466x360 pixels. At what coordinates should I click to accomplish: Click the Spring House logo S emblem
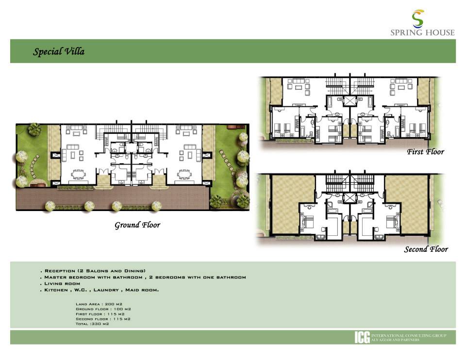tap(418, 18)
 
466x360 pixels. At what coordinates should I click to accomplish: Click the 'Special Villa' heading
tap(59, 51)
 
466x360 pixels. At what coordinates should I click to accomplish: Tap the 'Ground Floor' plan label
tap(137, 225)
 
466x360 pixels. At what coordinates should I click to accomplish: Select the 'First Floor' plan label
tap(425, 151)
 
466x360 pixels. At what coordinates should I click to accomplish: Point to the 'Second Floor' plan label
tap(426, 249)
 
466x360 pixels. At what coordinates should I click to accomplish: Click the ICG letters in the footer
tap(362, 337)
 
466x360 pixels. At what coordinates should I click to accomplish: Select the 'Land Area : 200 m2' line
tap(99, 304)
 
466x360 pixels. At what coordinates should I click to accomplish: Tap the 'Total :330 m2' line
tap(92, 324)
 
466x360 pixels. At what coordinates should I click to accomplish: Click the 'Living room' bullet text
tap(62, 283)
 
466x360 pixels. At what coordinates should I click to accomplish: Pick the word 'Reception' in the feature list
tap(60, 271)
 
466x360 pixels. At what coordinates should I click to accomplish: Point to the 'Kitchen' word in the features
tap(56, 290)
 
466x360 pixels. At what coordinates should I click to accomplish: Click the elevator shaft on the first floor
tap(349, 101)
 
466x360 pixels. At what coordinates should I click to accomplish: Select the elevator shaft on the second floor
tap(349, 198)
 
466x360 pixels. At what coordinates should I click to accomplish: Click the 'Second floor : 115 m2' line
tap(103, 319)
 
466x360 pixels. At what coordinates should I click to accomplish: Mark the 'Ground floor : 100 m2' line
tap(103, 309)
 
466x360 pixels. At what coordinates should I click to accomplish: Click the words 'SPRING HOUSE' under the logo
tap(422, 33)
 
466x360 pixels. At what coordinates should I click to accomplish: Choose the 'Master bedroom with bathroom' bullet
tap(93, 277)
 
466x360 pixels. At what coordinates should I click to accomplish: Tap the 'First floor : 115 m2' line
tap(100, 314)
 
